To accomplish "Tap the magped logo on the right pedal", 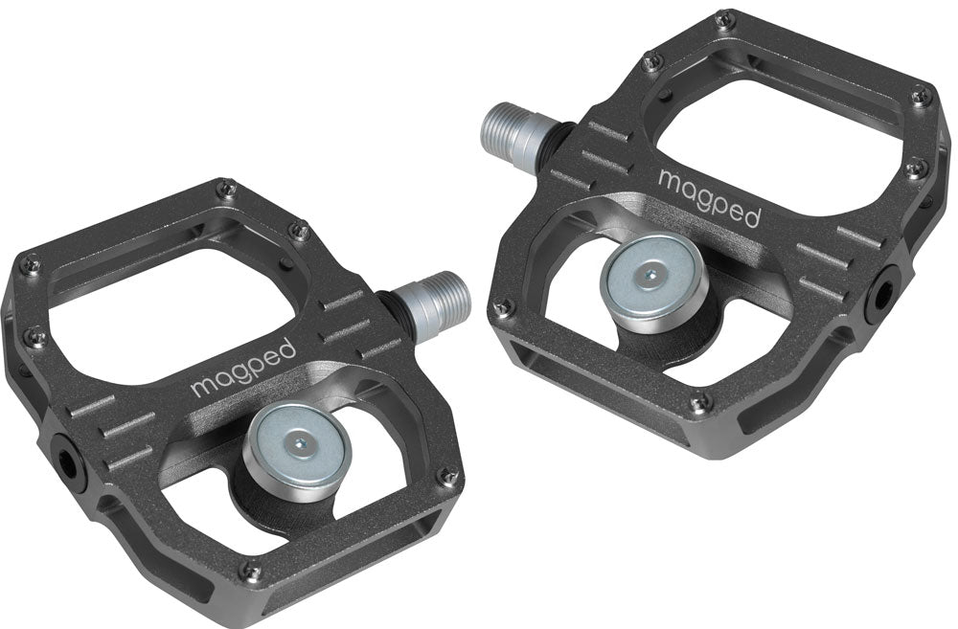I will click(x=709, y=196).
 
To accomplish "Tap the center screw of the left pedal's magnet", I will click(x=301, y=441).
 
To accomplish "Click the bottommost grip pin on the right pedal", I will click(x=701, y=402).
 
